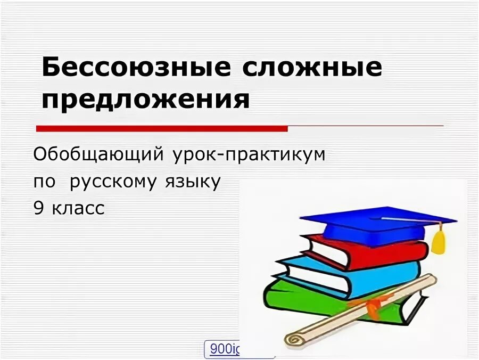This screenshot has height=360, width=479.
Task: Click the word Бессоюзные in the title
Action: [x=136, y=69]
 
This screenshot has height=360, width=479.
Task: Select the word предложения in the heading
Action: [x=145, y=99]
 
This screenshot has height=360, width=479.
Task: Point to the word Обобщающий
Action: [x=97, y=155]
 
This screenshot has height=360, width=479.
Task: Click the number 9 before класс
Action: [x=38, y=209]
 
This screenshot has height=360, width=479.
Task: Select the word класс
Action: [x=79, y=209]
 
